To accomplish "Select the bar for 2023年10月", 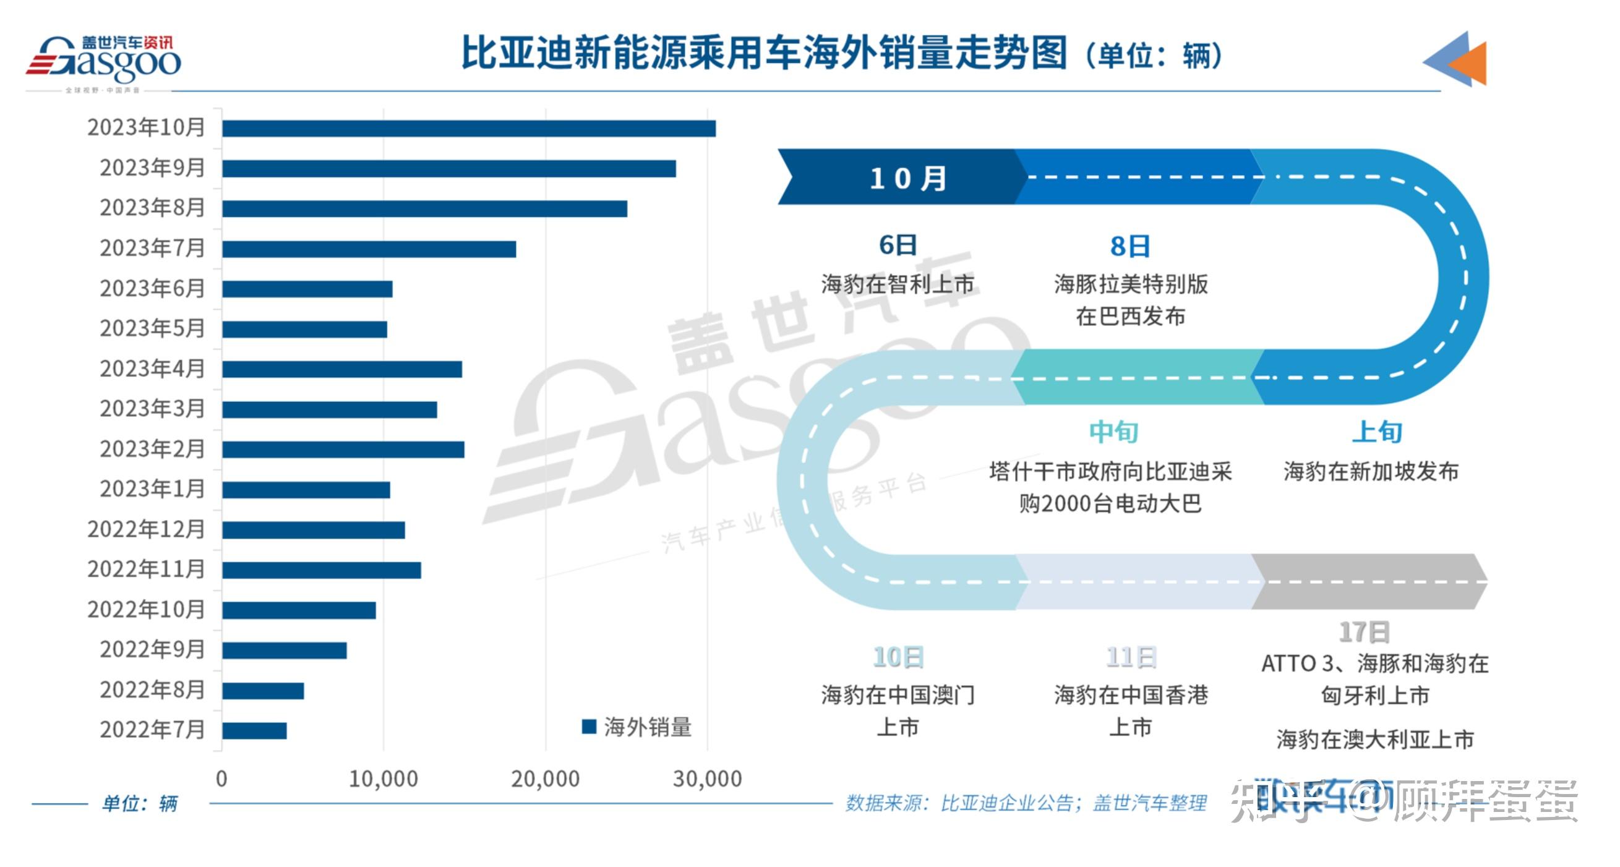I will pyautogui.click(x=468, y=128).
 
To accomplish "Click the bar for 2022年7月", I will pyautogui.click(x=255, y=730).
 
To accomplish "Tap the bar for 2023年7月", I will pyautogui.click(x=369, y=249).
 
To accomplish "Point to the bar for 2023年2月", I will pyautogui.click(x=343, y=450).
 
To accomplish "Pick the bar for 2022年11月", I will pyautogui.click(x=322, y=570).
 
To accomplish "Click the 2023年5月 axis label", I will pyautogui.click(x=152, y=328).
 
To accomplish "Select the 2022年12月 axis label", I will pyautogui.click(x=146, y=529).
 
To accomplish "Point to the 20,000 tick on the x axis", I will pyautogui.click(x=545, y=779).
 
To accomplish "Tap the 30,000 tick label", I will pyautogui.click(x=708, y=779).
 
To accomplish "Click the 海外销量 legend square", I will pyautogui.click(x=589, y=727).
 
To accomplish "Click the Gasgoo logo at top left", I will pyautogui.click(x=104, y=61).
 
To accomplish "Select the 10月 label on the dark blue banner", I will pyautogui.click(x=907, y=178).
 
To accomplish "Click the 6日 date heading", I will pyautogui.click(x=898, y=246).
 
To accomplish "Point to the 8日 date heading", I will pyautogui.click(x=1129, y=247).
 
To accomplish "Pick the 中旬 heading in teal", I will pyautogui.click(x=1114, y=432).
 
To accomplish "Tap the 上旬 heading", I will pyautogui.click(x=1378, y=432).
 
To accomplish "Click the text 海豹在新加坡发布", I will pyautogui.click(x=1371, y=472).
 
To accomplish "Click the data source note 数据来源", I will pyautogui.click(x=1026, y=803).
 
